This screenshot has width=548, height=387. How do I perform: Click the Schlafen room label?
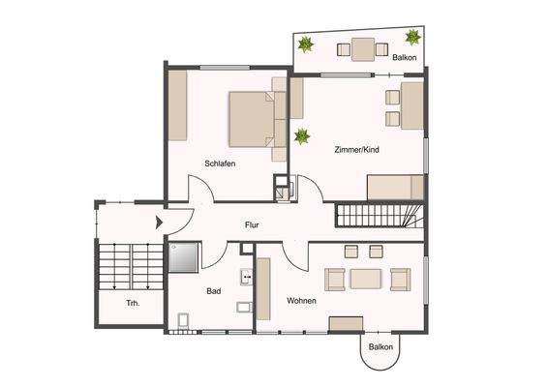tap(220, 164)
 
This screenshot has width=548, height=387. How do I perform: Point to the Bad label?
tap(214, 290)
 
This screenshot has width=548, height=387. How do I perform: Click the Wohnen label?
tap(301, 301)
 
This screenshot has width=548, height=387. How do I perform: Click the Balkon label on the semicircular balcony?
tap(381, 346)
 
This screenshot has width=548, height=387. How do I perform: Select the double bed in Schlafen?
tap(257, 119)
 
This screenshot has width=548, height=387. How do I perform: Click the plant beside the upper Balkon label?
tap(413, 38)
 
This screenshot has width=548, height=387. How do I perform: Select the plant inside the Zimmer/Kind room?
tap(301, 134)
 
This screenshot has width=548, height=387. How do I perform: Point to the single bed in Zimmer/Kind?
tap(395, 187)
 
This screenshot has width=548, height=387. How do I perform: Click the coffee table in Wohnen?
tap(366, 280)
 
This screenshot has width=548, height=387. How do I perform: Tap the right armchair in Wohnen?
tap(400, 279)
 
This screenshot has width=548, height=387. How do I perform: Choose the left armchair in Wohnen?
tap(333, 280)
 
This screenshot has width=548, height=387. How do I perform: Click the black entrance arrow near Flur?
tap(159, 223)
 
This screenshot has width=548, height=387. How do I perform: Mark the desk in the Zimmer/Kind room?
tap(411, 106)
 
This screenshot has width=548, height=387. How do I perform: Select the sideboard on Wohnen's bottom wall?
tap(345, 322)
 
